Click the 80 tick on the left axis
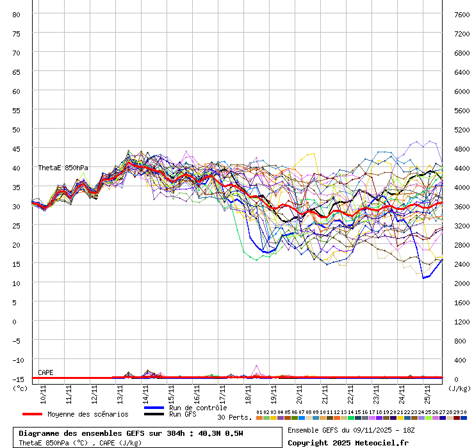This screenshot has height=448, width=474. (x=17, y=14)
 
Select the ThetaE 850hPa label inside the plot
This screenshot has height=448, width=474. (x=63, y=168)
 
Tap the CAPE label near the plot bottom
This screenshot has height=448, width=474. (x=45, y=372)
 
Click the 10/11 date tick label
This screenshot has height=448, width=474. (x=44, y=392)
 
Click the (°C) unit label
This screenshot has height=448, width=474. (x=20, y=388)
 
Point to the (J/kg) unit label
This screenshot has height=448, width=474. (x=459, y=388)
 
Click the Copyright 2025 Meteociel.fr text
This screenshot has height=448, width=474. (x=347, y=442)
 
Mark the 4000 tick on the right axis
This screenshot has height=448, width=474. (x=461, y=187)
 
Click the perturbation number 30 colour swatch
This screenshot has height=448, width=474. (x=463, y=418)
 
